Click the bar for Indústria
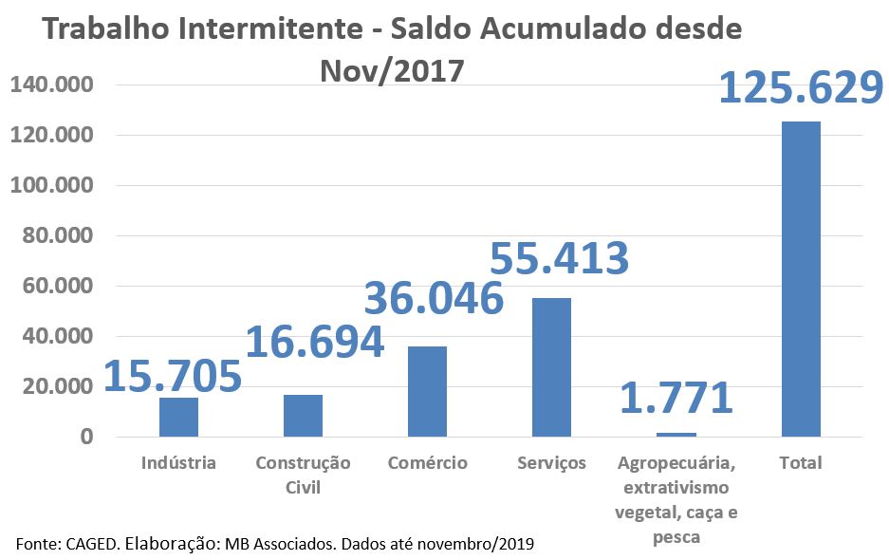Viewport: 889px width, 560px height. click(x=178, y=417)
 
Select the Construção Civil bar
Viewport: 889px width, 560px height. click(x=303, y=416)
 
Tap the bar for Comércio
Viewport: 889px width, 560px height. click(x=427, y=391)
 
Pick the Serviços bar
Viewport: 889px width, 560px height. click(x=551, y=367)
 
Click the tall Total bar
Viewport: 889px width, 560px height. click(x=801, y=279)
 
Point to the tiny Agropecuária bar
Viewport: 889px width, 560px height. click(x=676, y=435)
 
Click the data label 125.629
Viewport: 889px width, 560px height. click(x=801, y=87)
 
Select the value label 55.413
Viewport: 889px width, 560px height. click(x=559, y=258)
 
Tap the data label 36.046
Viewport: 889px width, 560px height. click(x=435, y=298)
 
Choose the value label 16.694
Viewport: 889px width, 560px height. click(x=314, y=343)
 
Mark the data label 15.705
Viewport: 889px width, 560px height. click(x=173, y=377)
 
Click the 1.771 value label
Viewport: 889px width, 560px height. click(x=676, y=398)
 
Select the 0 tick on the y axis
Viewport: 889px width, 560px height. click(x=86, y=437)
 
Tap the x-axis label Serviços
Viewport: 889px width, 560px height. click(x=552, y=463)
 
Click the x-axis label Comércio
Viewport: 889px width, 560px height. click(x=427, y=463)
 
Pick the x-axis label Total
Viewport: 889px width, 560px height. click(x=800, y=463)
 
